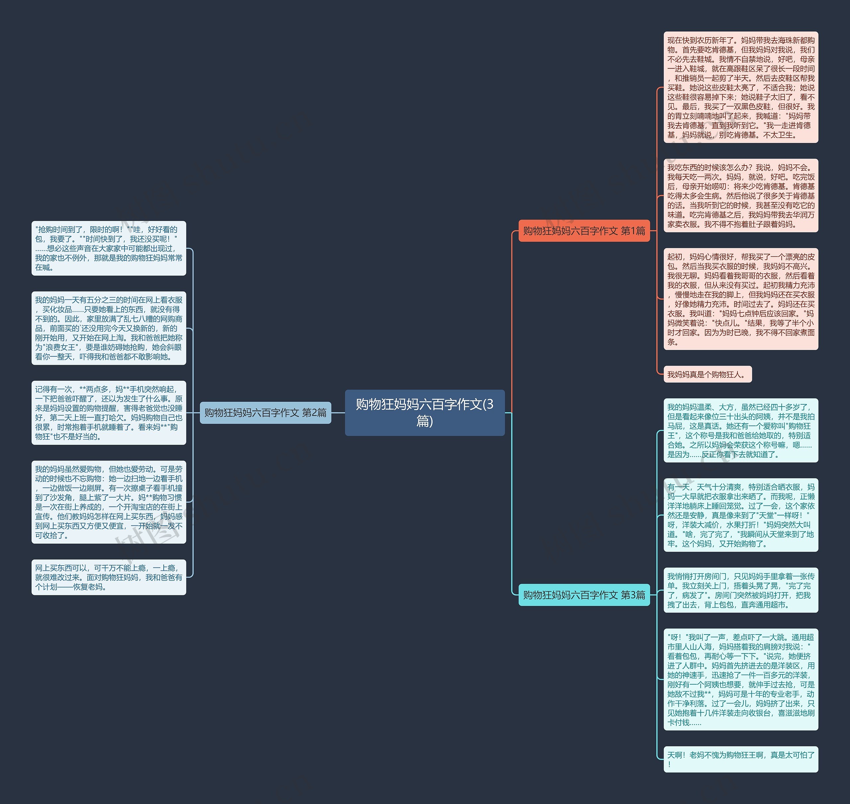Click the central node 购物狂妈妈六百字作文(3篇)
tap(424, 412)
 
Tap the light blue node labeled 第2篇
tap(265, 412)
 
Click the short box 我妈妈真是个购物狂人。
tap(707, 374)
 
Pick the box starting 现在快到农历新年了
tap(740, 88)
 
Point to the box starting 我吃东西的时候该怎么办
tap(740, 195)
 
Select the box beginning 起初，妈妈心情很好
tap(740, 299)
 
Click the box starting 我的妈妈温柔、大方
tap(740, 430)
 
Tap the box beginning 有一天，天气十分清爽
tap(740, 515)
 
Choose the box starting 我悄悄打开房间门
tap(740, 590)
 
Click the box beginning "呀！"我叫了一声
tap(740, 679)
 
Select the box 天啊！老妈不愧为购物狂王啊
tap(740, 759)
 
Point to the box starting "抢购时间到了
tap(109, 248)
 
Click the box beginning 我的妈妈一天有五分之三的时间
tap(109, 328)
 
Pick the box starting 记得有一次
tap(109, 413)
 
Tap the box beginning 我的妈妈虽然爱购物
tap(109, 502)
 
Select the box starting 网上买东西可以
tap(109, 577)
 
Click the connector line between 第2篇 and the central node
tap(338, 413)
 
